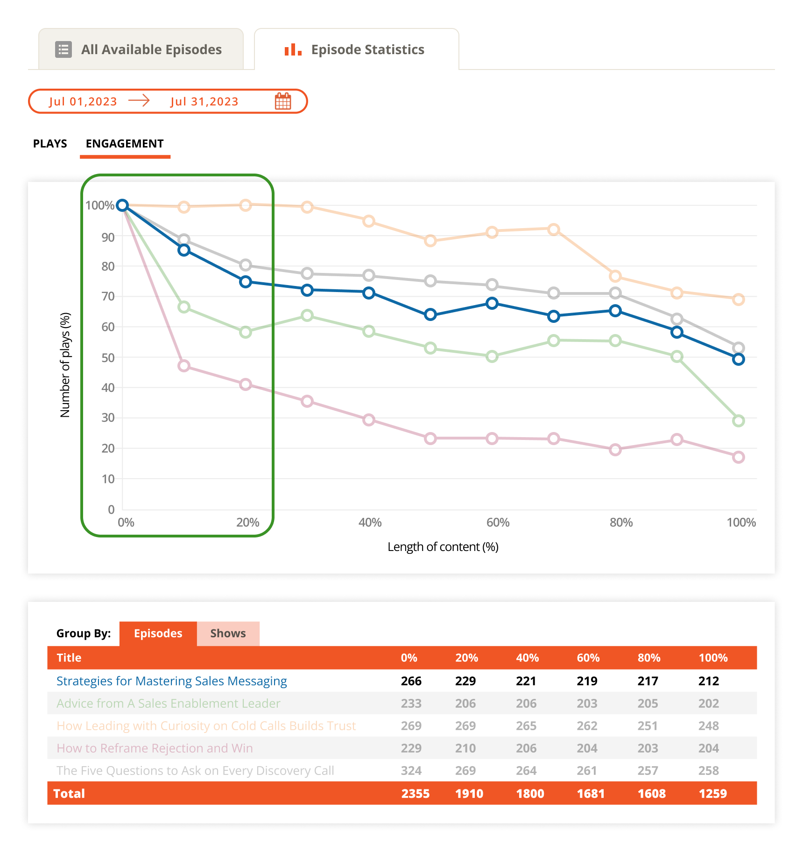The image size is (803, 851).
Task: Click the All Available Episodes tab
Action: click(141, 49)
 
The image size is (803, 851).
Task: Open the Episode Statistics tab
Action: click(356, 49)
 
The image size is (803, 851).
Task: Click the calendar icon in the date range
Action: click(283, 101)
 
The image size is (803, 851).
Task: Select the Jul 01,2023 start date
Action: click(83, 102)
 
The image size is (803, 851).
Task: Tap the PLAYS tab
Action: click(50, 144)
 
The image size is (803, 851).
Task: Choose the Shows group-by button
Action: click(228, 633)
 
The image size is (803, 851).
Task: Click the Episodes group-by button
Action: click(158, 633)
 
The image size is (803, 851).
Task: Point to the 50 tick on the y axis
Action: click(108, 358)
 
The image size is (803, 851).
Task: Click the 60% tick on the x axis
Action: click(498, 523)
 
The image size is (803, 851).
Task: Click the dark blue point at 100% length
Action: click(738, 359)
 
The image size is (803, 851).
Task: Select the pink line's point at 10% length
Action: click(184, 366)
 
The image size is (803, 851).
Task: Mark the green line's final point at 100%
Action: click(738, 421)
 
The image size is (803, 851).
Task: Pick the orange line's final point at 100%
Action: click(738, 300)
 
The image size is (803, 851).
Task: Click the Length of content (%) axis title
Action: click(443, 547)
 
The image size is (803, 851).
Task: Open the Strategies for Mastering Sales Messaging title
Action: click(171, 681)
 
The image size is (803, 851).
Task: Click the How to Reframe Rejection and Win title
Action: click(155, 748)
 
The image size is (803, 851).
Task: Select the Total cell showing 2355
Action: click(415, 794)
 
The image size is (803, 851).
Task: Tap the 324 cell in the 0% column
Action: click(411, 771)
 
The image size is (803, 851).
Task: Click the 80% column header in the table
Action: click(648, 658)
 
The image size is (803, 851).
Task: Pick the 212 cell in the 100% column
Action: click(708, 681)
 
